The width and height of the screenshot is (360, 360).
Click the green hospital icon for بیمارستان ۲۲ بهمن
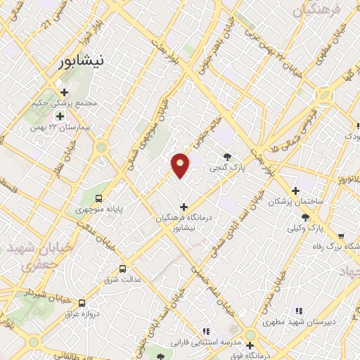(x=60, y=116)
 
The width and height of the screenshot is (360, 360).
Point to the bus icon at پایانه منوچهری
(x=98, y=198)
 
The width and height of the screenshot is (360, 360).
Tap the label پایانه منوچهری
(x=98, y=210)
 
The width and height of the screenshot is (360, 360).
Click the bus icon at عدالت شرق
(x=123, y=269)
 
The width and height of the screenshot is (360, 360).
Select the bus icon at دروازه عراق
(x=82, y=303)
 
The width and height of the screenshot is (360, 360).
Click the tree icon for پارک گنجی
(x=226, y=156)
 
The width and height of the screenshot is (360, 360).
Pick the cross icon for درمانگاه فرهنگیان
(x=184, y=207)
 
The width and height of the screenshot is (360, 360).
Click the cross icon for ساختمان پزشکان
(x=295, y=190)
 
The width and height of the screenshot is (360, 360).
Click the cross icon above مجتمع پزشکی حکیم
(x=64, y=92)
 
